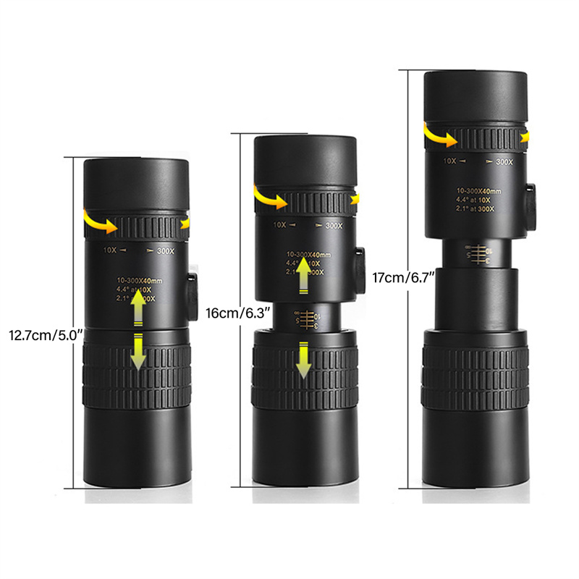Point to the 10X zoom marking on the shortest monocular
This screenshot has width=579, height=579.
tap(110, 251)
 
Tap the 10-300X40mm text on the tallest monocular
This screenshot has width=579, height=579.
tap(474, 190)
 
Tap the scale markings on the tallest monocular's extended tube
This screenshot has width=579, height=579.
tap(475, 253)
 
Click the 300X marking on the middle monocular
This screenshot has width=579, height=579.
tap(334, 225)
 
